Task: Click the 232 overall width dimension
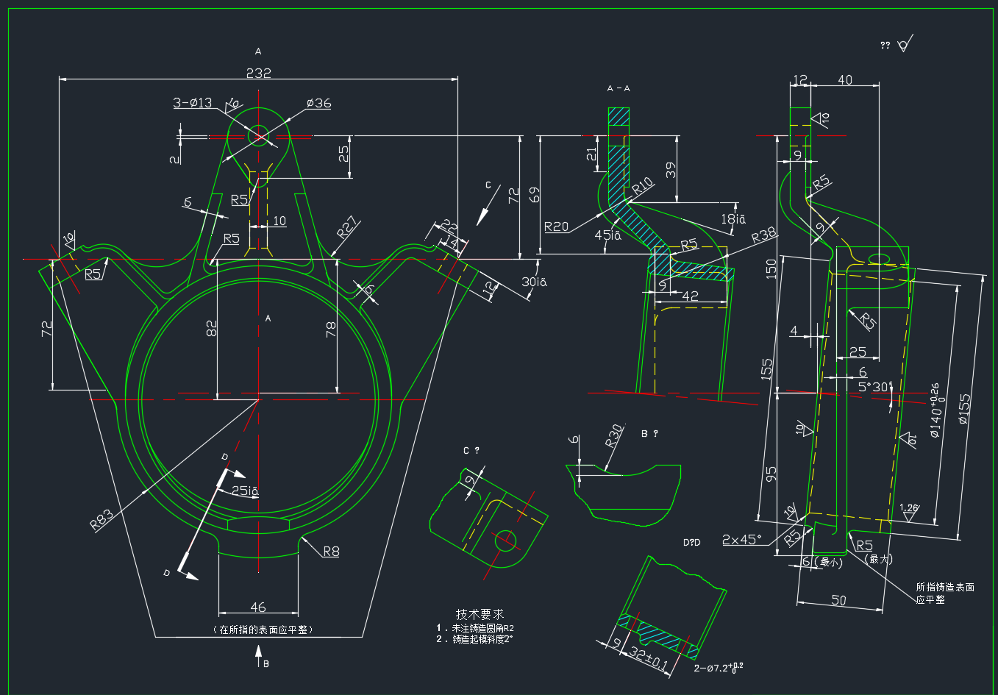pos(258,73)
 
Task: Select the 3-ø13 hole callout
pos(192,103)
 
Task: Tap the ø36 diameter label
pos(318,104)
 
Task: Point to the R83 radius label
pos(101,519)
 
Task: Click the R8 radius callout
pos(331,552)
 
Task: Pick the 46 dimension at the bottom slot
pos(258,607)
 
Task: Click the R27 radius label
pos(347,227)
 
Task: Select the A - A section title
pos(619,88)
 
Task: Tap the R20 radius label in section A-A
pos(556,227)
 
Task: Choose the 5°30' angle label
pos(874,386)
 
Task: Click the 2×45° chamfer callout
pos(741,540)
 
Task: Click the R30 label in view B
pos(614,436)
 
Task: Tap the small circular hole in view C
pos(505,541)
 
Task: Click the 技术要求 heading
pos(480,614)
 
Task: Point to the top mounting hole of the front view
pos(258,135)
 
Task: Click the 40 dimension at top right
pos(845,79)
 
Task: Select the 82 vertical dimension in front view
pos(212,329)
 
